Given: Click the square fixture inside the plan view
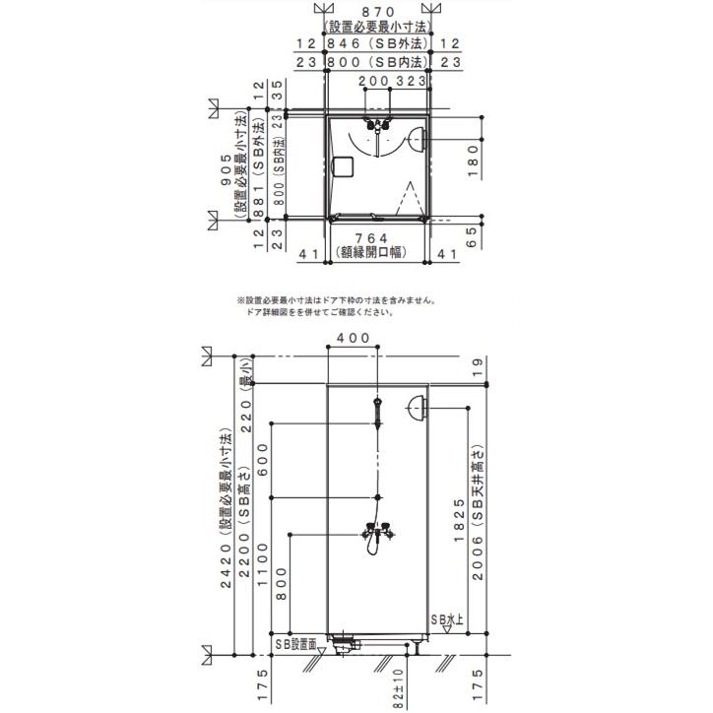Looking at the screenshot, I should tap(343, 166).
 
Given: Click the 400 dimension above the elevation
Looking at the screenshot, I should tap(353, 338).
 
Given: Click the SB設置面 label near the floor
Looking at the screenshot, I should tap(296, 643).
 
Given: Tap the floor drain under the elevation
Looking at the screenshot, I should tap(346, 644).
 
